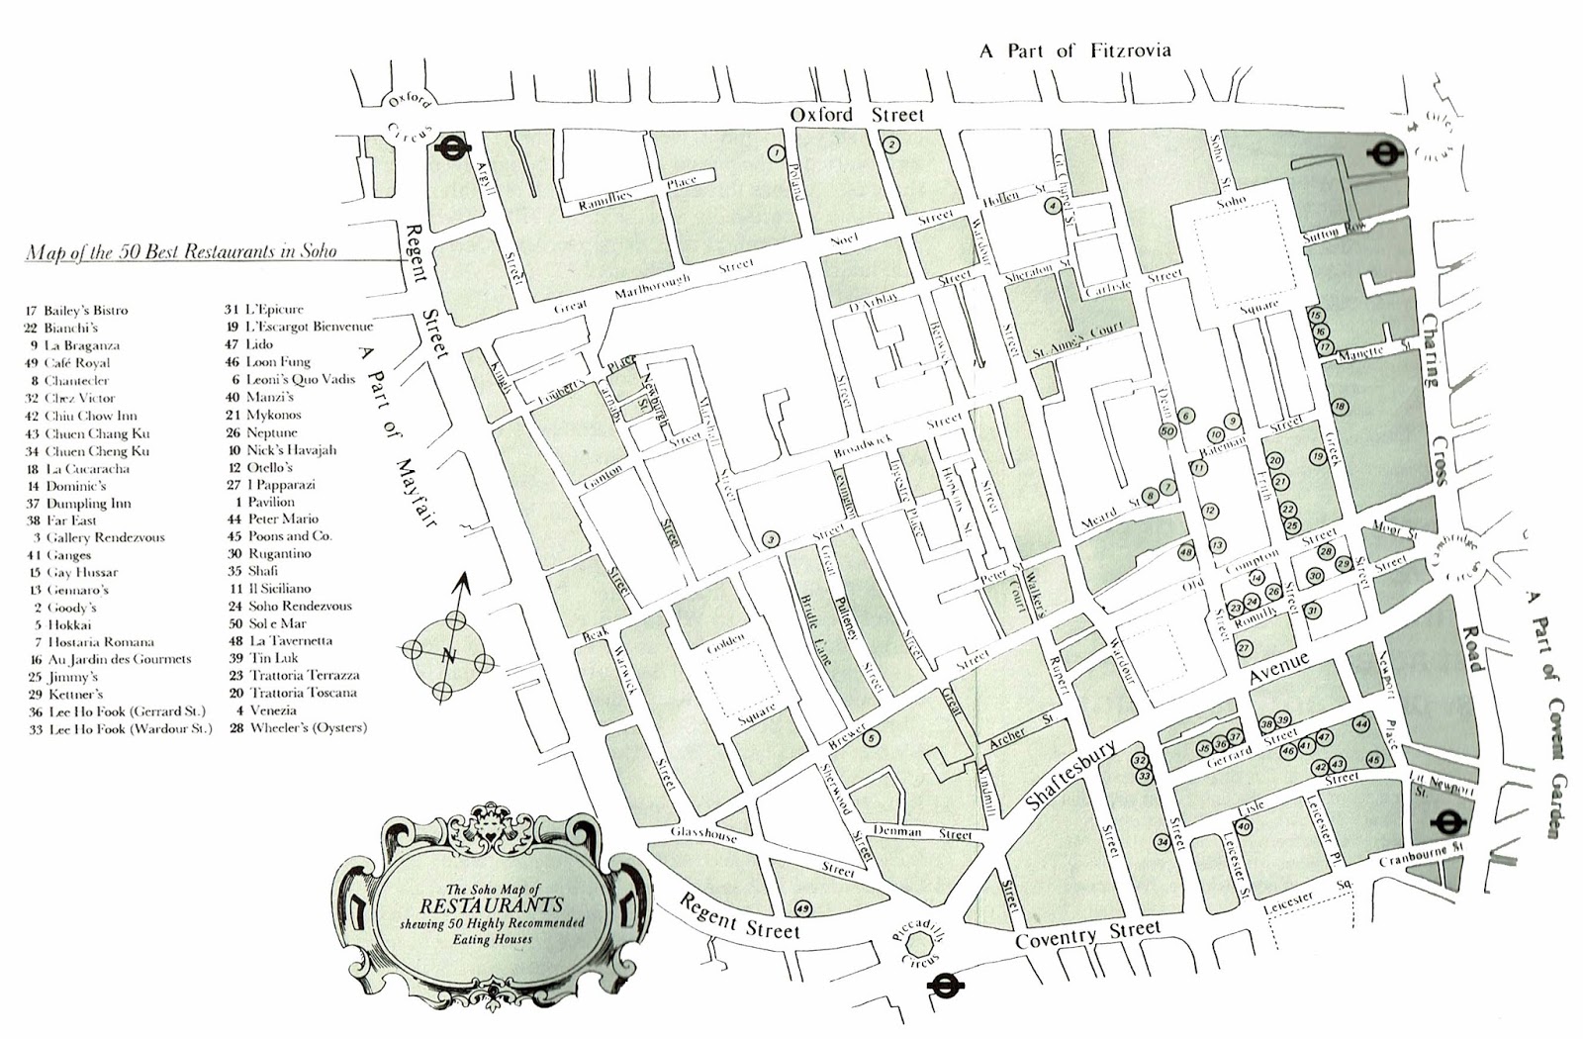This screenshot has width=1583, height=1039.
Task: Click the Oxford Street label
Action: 856,115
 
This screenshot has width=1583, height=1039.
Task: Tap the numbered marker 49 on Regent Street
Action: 802,908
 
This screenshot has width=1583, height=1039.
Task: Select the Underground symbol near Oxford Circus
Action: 451,148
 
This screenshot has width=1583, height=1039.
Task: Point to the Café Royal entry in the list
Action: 76,363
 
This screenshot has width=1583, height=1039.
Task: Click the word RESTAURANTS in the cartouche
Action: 491,904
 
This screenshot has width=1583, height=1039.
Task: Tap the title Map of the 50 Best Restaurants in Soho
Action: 181,251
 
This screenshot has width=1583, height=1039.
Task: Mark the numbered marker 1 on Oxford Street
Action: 776,153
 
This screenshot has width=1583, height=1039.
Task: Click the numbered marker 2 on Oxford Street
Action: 891,144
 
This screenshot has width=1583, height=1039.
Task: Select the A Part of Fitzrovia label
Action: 1074,50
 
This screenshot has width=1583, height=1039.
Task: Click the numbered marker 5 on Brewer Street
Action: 871,737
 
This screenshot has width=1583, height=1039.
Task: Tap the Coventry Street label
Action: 1087,933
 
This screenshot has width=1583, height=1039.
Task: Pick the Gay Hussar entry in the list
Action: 80,572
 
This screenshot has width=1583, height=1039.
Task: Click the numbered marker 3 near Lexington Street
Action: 771,539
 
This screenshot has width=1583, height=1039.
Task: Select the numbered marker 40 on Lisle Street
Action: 1244,827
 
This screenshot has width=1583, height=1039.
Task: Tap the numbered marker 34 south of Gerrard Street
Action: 1163,842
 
